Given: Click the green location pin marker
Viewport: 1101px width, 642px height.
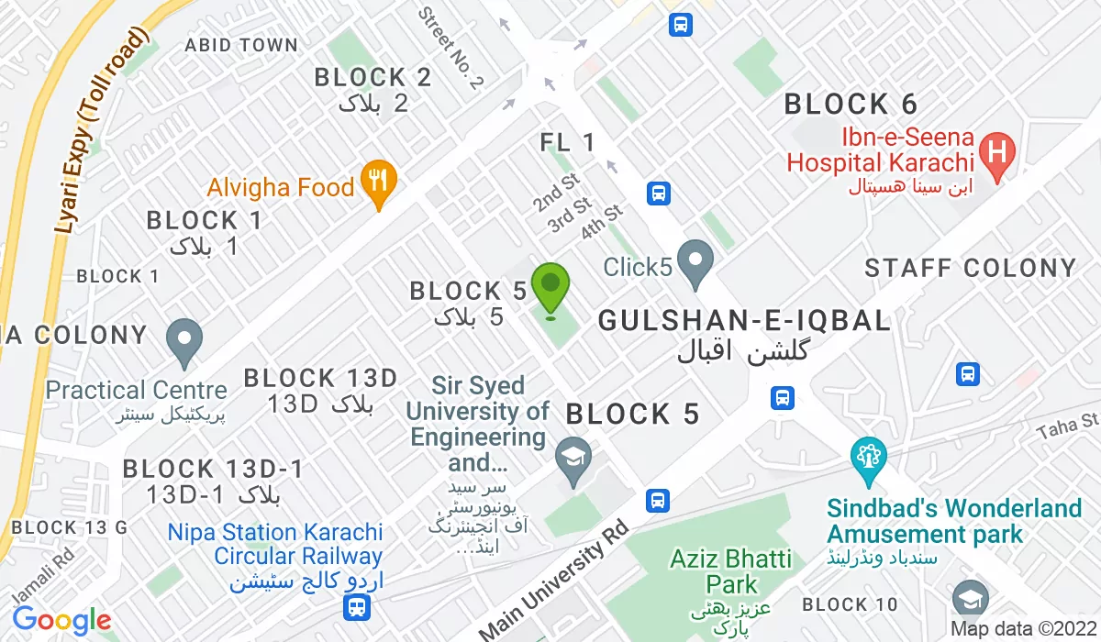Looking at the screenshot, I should pos(550,287).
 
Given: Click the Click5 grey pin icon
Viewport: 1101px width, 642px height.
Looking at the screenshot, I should pos(695,262).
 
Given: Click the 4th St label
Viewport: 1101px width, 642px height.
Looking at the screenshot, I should pos(602,223).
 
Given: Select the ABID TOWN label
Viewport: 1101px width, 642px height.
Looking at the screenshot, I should pos(241,45).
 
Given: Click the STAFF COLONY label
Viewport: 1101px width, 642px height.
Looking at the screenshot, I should pos(971,268).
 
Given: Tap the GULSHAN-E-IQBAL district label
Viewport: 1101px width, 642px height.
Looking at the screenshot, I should pos(744,320).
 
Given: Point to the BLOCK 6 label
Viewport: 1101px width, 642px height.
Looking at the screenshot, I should pos(851,105).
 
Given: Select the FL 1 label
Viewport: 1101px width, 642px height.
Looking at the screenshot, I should pos(568,142).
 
